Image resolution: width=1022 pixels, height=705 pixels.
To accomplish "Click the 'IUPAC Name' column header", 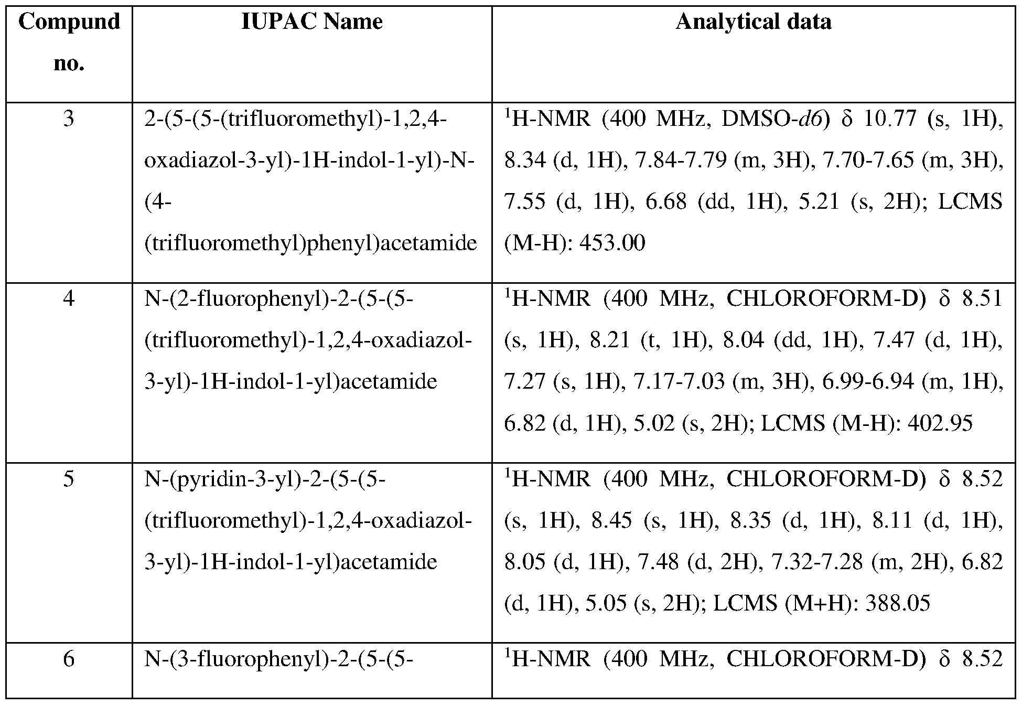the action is [x=311, y=22].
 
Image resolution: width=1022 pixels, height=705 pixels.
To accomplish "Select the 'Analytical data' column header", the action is [x=753, y=22].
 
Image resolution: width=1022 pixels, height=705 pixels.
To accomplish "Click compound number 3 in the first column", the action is [x=69, y=119].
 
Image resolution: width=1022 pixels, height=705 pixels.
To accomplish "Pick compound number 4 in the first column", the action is [x=69, y=299].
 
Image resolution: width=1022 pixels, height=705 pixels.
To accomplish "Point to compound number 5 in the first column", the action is [x=69, y=479].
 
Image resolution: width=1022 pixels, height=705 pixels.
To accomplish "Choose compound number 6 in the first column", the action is [x=69, y=659].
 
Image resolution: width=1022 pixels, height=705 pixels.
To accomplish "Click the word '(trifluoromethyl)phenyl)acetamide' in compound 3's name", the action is [x=310, y=243].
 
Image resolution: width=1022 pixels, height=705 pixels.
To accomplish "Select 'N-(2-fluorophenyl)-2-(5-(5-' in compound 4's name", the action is [x=279, y=299].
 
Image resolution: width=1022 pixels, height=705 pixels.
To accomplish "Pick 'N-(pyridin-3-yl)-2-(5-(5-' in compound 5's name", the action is [x=265, y=479].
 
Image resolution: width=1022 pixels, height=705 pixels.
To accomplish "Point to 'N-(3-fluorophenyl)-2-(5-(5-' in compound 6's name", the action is [x=279, y=659].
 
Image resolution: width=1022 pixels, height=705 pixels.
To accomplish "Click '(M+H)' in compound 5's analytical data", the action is [x=818, y=603].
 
